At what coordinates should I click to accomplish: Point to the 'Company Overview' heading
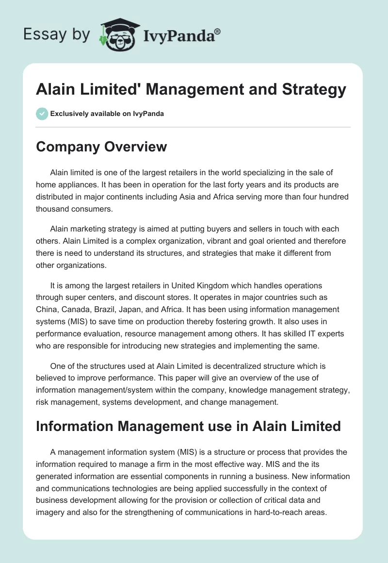point(101,147)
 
